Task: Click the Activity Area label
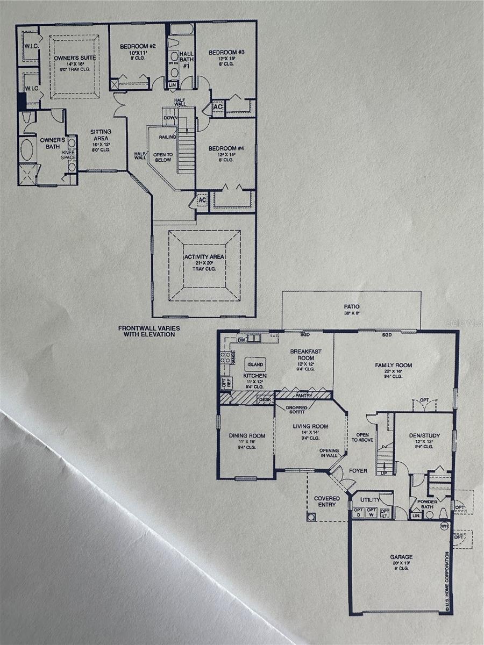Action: [x=204, y=257]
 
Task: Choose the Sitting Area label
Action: [x=101, y=132]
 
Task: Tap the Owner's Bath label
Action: [x=53, y=140]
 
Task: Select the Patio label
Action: [x=352, y=307]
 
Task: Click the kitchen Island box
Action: [x=255, y=364]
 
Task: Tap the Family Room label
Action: [x=393, y=365]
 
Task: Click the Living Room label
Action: [x=310, y=427]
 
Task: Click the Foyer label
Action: [x=358, y=471]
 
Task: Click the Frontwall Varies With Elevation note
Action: [x=147, y=331]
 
